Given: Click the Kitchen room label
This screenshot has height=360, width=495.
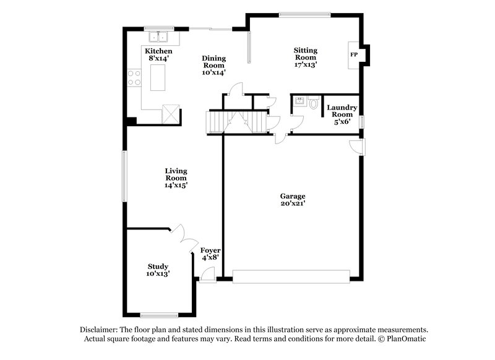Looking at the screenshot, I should (158, 51).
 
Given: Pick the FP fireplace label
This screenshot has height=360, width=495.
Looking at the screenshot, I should (354, 55).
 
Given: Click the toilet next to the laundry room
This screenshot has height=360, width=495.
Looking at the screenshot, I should (313, 103).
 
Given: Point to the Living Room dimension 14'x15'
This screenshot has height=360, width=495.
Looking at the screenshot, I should (176, 184).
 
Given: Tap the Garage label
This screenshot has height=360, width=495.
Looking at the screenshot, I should (293, 196).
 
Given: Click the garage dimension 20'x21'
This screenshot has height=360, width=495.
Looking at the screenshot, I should (293, 203).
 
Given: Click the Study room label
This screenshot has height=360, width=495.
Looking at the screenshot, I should (158, 266).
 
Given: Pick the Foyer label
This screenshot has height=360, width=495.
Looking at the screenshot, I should (210, 251).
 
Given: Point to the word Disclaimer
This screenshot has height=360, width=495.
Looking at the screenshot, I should (98, 330).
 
